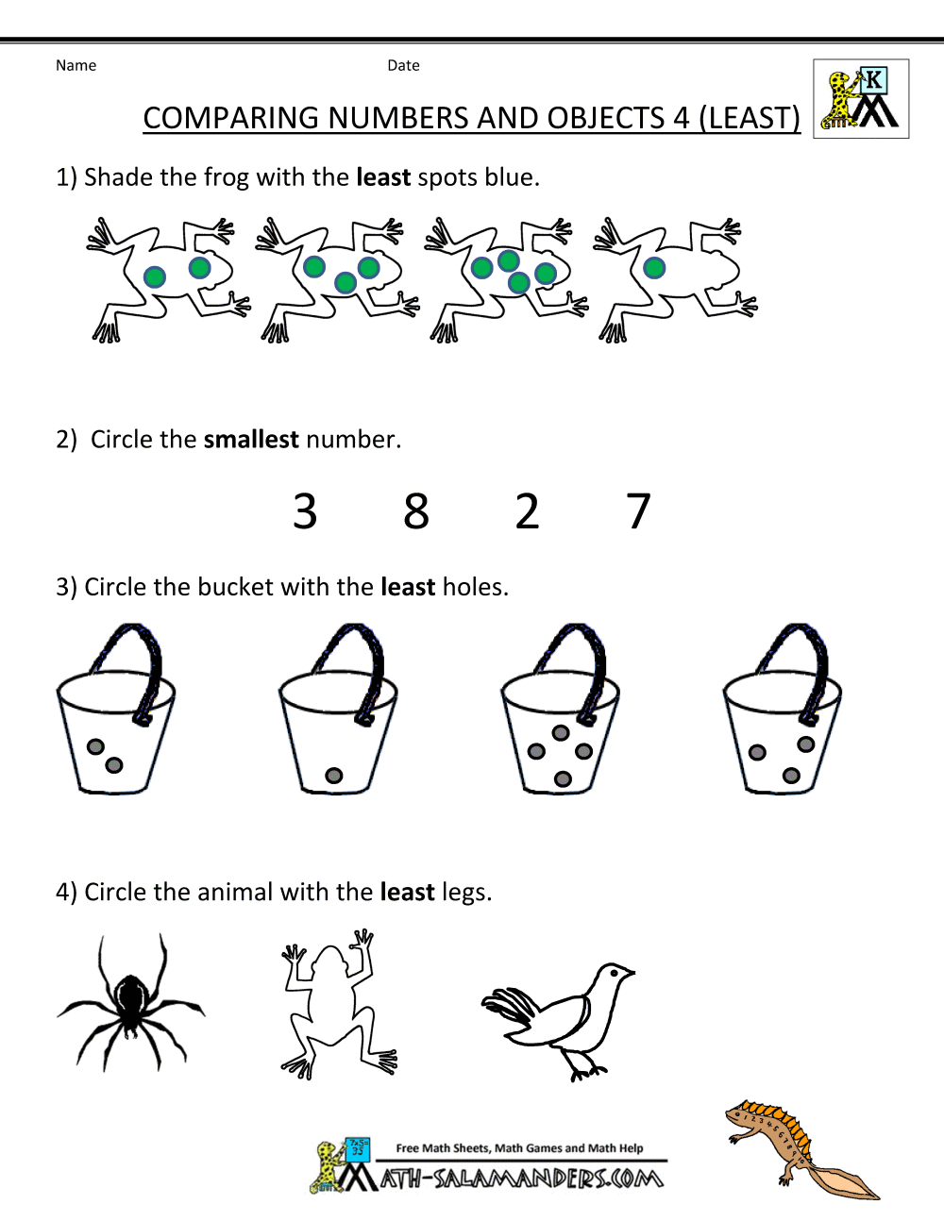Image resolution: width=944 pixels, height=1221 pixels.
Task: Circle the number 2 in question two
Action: point(527,510)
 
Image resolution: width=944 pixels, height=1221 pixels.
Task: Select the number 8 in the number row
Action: point(416,510)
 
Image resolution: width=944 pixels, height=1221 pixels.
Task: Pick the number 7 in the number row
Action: point(638,510)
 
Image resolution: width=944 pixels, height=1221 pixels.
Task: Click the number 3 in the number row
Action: point(305,510)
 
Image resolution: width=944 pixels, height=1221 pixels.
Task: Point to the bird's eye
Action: point(614,972)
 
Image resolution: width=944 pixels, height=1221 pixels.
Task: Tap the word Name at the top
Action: point(76,66)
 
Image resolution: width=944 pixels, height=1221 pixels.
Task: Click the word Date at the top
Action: point(403,66)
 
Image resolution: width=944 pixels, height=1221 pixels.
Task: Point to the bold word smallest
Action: point(250,440)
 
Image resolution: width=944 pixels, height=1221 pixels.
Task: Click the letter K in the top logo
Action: point(873,80)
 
